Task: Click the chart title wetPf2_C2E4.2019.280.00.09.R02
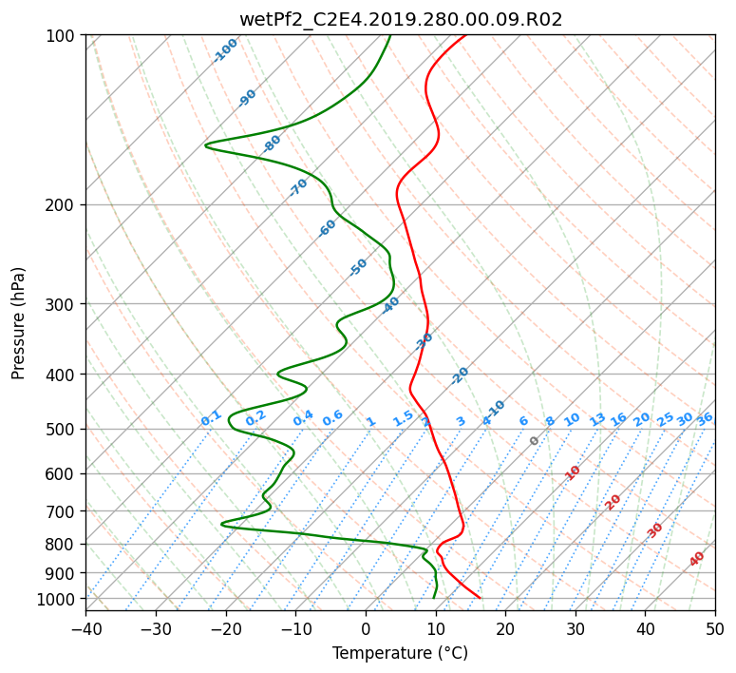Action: point(401,20)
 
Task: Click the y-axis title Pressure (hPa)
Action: point(18,323)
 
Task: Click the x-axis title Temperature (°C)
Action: point(401,653)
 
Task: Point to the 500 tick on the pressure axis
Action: point(66,430)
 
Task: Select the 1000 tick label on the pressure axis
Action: point(62,599)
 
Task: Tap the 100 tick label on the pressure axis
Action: point(66,35)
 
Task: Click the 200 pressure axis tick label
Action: point(66,205)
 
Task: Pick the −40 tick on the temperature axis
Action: point(85,628)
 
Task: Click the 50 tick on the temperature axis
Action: point(715,628)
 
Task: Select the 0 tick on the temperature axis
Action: point(367,628)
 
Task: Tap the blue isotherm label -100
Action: point(226,50)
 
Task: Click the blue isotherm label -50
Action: point(358,267)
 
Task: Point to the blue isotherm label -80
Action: point(272,144)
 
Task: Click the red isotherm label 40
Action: point(697,559)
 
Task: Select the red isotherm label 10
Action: point(573,472)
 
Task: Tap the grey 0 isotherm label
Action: point(534,441)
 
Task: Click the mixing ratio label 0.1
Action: point(211,418)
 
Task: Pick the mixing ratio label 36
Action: point(705,419)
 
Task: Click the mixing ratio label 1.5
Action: point(404,418)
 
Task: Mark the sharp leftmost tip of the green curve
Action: point(205,145)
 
